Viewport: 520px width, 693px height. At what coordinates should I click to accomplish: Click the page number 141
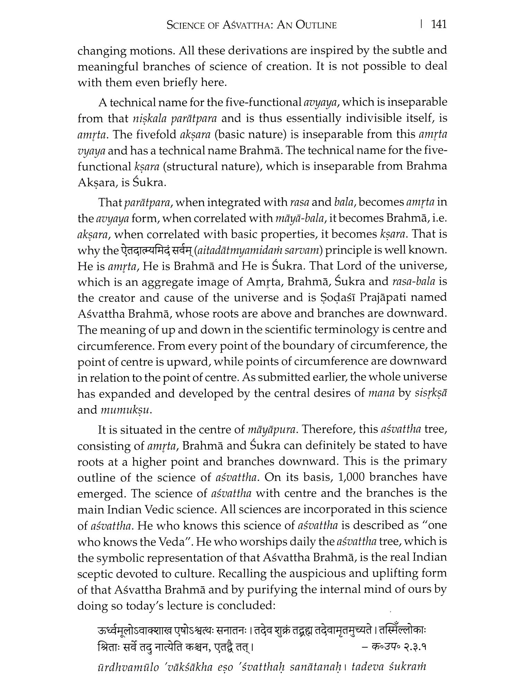pyautogui.click(x=438, y=25)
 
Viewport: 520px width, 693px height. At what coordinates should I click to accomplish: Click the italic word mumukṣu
pyautogui.click(x=126, y=410)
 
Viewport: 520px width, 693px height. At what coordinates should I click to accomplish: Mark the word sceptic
pyautogui.click(x=98, y=573)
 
